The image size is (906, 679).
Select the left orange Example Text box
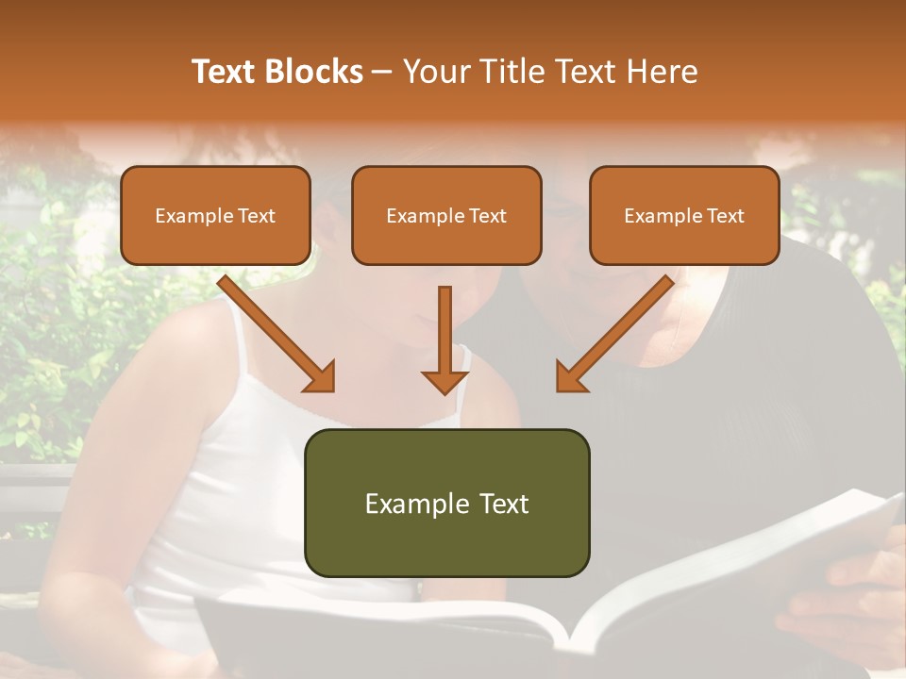click(215, 215)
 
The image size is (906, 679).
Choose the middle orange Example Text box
click(446, 215)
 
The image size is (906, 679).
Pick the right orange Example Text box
click(684, 215)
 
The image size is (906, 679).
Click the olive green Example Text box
click(446, 503)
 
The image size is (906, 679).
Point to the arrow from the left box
click(274, 331)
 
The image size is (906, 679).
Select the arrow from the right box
click(617, 331)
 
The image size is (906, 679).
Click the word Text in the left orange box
click(257, 216)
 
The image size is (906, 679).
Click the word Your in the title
click(434, 72)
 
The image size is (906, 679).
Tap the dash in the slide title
click(382, 72)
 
